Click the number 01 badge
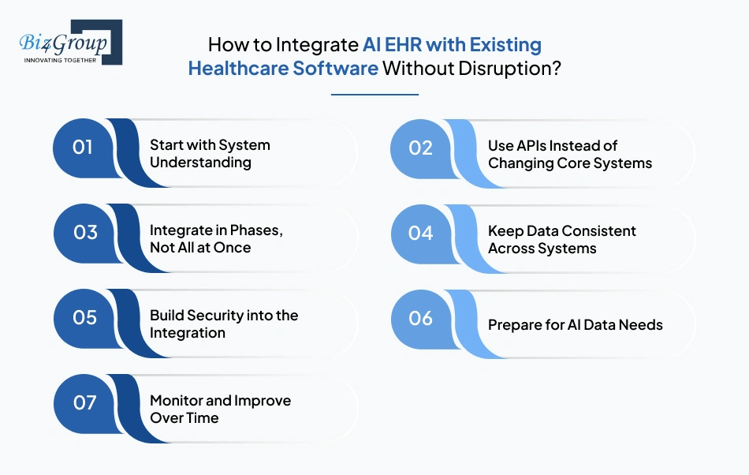[83, 148]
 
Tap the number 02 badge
[421, 148]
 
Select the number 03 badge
[84, 233]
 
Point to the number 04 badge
[421, 233]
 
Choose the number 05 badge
[84, 318]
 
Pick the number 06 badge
[421, 318]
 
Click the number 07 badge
[84, 402]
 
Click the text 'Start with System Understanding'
[210, 154]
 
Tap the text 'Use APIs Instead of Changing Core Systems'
[569, 154]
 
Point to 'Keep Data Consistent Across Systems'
[561, 239]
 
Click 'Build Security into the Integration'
[224, 324]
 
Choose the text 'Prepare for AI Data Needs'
[575, 324]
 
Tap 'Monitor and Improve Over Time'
[220, 409]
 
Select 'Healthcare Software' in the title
[283, 68]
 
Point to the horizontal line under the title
[374, 95]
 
